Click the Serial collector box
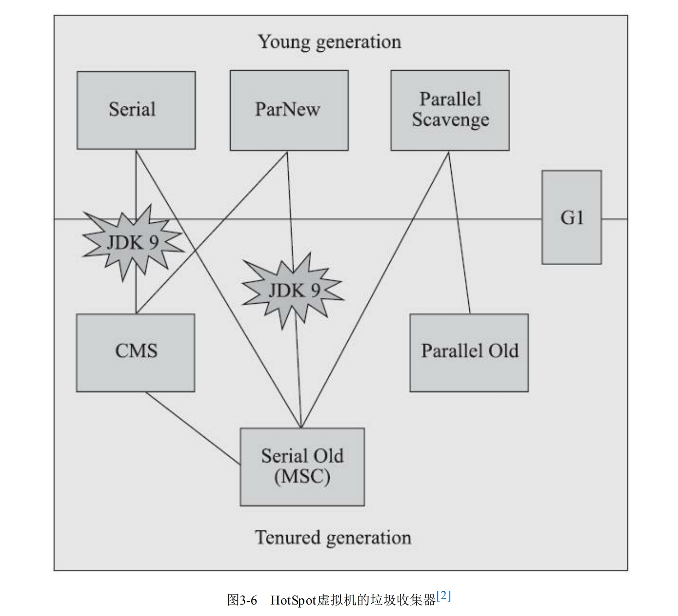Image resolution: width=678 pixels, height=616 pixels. tap(136, 110)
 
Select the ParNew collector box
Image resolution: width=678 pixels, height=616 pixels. tap(289, 110)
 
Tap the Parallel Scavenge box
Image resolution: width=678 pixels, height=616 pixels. tap(450, 110)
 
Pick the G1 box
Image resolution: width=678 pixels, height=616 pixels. tap(572, 218)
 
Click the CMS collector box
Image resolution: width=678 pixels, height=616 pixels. tap(136, 353)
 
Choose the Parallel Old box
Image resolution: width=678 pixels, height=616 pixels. tap(469, 353)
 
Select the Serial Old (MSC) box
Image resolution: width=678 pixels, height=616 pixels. tap(302, 467)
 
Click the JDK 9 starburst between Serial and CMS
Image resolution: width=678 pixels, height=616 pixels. tap(132, 242)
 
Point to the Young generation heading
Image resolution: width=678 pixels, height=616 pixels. tap(330, 42)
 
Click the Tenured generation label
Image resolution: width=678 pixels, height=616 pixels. tap(333, 537)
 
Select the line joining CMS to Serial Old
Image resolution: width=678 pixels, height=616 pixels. tap(193, 428)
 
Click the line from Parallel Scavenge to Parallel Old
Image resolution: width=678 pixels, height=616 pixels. tap(460, 233)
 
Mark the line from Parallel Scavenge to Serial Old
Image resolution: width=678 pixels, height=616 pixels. tap(375, 289)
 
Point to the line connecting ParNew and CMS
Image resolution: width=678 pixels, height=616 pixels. tap(212, 233)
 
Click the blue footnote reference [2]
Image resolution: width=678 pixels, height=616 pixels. tap(444, 597)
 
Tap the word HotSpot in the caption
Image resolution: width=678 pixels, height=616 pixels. tap(293, 600)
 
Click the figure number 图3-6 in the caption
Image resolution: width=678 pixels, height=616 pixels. tap(242, 600)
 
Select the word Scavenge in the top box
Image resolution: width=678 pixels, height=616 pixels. tap(451, 120)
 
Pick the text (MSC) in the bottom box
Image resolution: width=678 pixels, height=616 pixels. tap(302, 477)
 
